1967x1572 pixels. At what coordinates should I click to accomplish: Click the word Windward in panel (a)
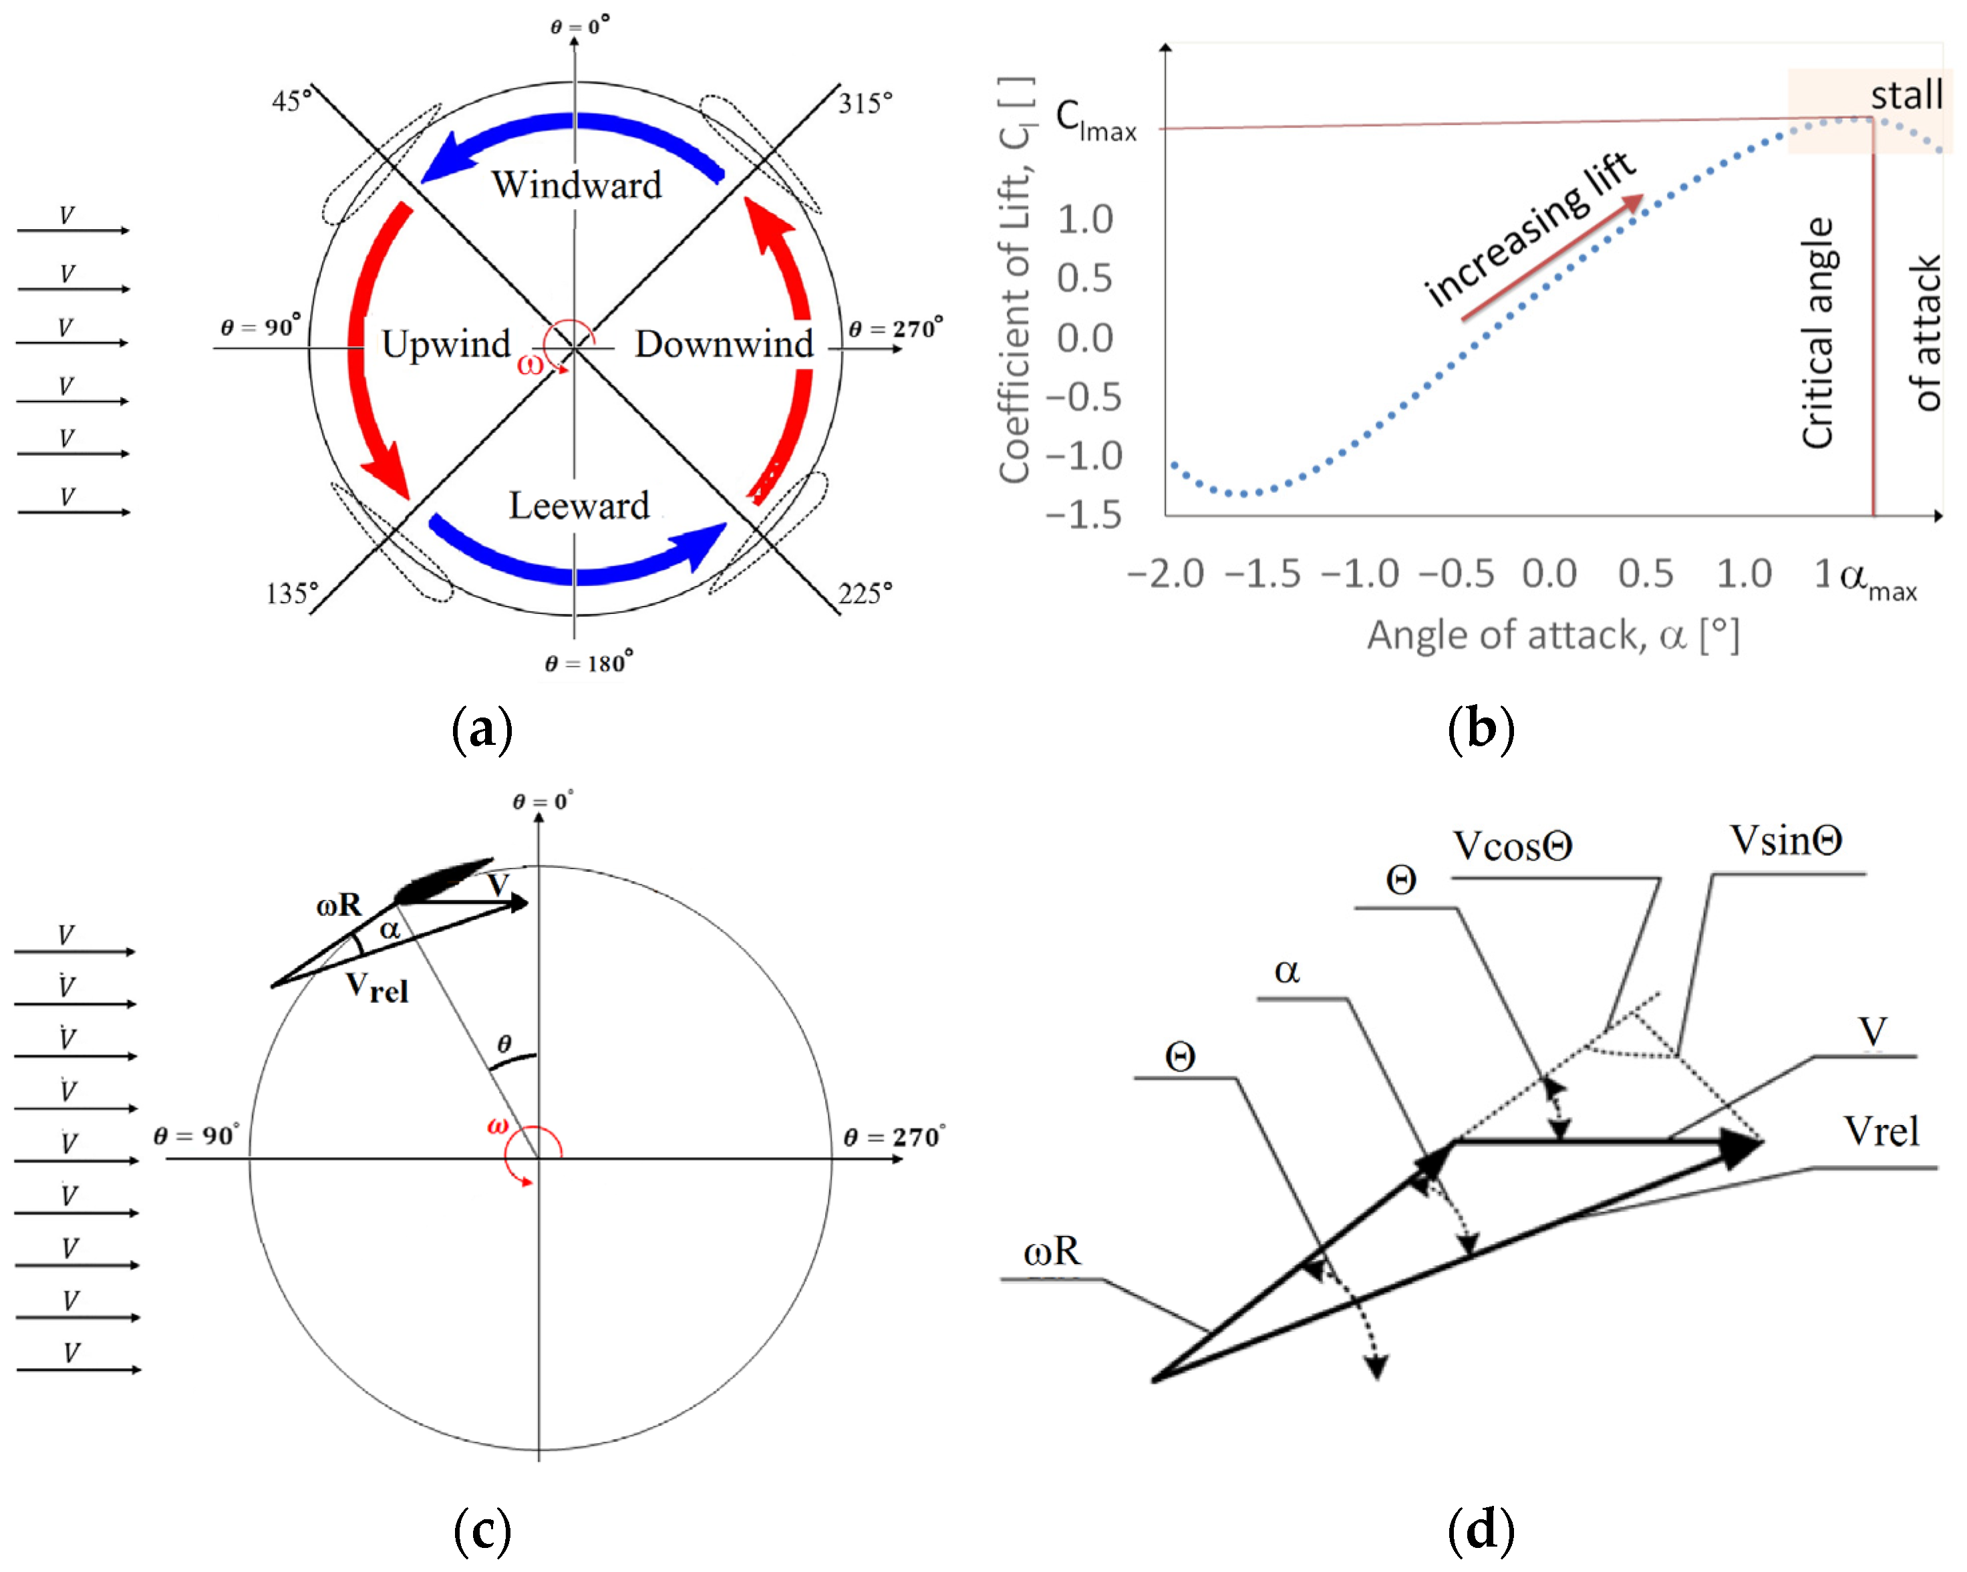(577, 185)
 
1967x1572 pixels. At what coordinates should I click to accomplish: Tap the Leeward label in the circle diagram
(579, 506)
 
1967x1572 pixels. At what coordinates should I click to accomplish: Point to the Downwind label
(724, 345)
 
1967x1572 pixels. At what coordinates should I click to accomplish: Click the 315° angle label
(865, 103)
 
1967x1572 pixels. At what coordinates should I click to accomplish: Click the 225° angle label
(865, 594)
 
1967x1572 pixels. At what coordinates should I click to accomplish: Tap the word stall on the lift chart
(1906, 95)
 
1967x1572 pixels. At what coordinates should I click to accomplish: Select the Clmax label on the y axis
(1095, 120)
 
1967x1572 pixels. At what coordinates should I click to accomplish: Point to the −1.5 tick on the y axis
(1083, 516)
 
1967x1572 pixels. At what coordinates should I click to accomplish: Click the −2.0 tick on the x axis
(1165, 574)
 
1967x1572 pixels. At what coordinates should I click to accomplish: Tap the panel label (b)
(1480, 730)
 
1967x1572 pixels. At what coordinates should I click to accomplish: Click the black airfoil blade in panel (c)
(442, 881)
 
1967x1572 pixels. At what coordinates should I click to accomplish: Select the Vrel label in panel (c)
(377, 987)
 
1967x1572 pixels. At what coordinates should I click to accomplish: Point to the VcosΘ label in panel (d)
(1512, 846)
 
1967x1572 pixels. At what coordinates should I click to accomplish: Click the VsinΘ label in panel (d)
(1785, 841)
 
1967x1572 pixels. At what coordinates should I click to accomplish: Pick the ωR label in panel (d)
(1052, 1252)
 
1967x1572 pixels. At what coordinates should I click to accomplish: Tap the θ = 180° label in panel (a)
(589, 663)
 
